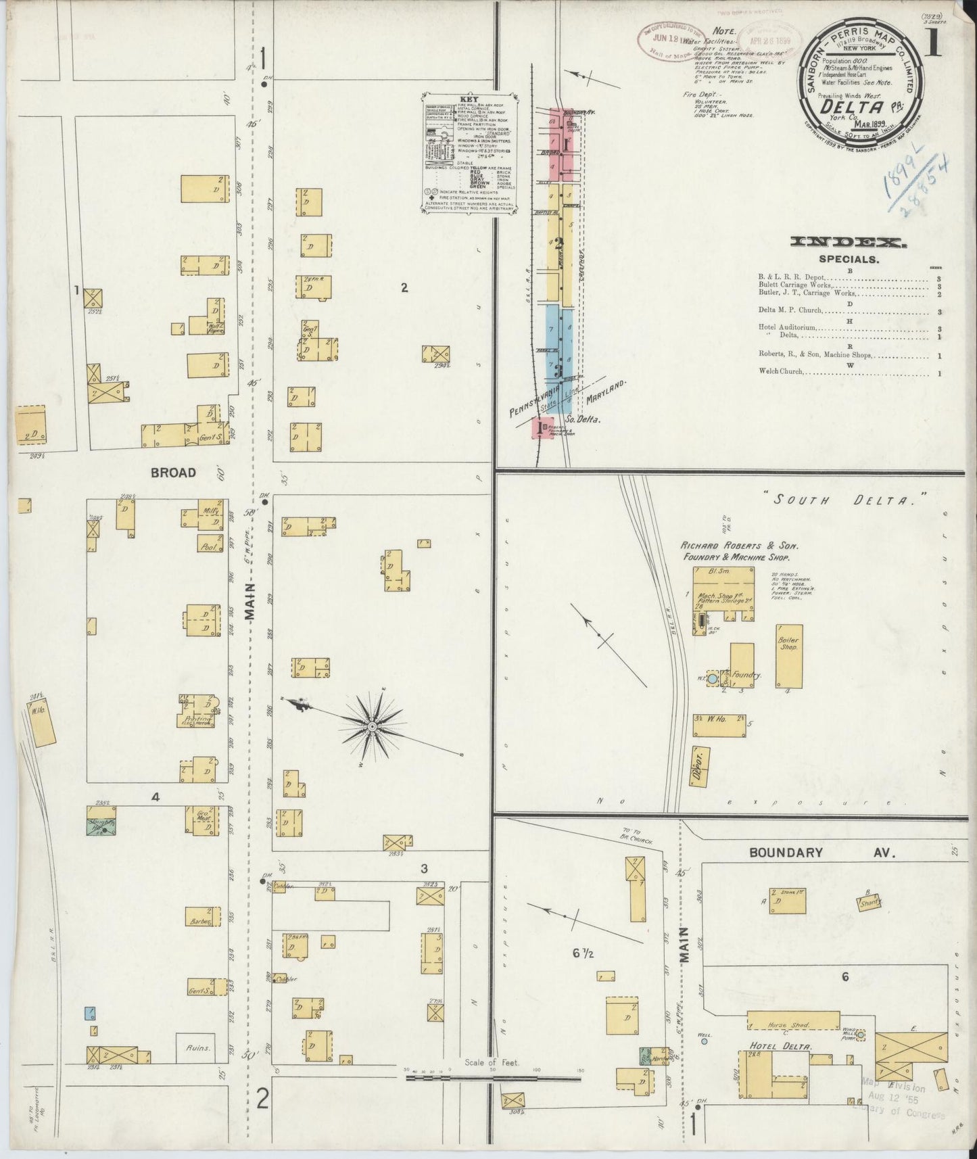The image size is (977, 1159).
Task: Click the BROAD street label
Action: coord(173,473)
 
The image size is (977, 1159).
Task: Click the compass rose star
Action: coord(371,727)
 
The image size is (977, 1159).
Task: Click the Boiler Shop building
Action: coord(788,657)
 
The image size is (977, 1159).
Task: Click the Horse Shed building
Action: coord(792,1021)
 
